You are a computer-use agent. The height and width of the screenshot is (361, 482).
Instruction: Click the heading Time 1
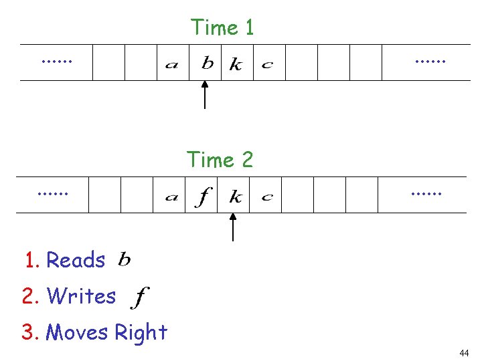click(222, 27)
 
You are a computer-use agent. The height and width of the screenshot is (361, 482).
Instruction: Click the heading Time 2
click(220, 160)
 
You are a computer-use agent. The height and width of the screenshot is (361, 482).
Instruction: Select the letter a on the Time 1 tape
click(172, 65)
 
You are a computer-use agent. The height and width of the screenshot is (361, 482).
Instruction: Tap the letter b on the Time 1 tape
click(208, 63)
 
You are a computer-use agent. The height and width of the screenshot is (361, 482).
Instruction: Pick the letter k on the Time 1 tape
click(236, 64)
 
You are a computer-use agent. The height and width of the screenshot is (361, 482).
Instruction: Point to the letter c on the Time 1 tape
click(267, 65)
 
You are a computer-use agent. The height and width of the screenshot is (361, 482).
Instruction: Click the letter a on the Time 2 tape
click(171, 197)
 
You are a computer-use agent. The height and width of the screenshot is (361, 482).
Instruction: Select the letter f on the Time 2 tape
click(204, 197)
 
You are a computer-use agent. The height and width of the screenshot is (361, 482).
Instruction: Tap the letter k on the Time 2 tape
click(235, 197)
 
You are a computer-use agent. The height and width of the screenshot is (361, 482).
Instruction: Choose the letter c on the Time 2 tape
click(266, 197)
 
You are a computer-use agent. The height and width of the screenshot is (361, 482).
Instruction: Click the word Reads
click(76, 260)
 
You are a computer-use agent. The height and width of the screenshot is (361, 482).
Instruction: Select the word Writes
click(82, 295)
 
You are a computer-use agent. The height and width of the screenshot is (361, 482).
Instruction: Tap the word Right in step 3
click(141, 332)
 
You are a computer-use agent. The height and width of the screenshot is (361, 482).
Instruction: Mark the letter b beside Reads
click(125, 259)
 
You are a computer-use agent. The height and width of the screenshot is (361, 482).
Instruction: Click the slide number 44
click(464, 353)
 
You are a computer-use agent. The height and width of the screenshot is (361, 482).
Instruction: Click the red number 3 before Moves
click(28, 332)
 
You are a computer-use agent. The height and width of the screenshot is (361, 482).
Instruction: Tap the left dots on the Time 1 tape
click(56, 61)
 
